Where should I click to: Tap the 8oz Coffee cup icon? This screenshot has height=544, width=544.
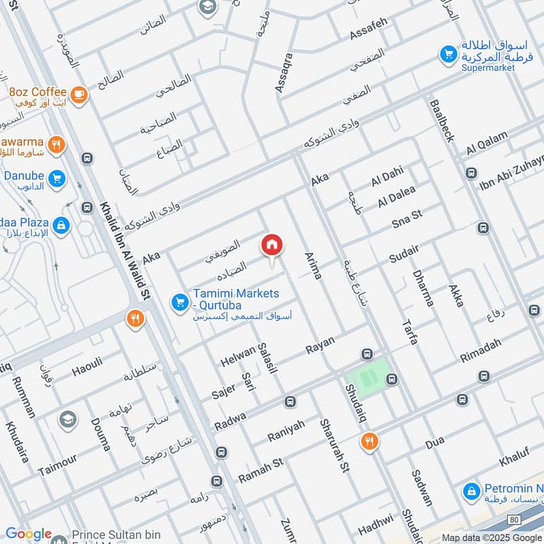point(79,94)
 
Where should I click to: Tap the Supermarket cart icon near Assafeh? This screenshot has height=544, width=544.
point(447,54)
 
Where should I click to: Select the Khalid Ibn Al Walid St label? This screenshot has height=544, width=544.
point(124,251)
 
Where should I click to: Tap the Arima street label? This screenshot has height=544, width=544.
point(313,265)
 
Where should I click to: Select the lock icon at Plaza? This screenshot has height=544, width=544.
point(62,225)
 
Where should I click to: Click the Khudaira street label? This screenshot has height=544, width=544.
point(16,441)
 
